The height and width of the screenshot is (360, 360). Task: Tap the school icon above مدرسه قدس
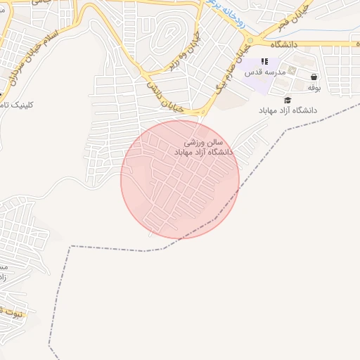point(265,62)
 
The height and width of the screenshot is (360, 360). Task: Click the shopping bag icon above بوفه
point(314,77)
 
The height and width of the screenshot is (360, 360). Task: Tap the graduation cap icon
point(288,101)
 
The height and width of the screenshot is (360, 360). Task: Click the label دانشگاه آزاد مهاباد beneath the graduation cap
point(288,111)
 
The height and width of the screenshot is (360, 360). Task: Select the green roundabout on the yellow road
point(250,41)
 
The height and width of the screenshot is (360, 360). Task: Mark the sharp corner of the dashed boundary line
point(70,246)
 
